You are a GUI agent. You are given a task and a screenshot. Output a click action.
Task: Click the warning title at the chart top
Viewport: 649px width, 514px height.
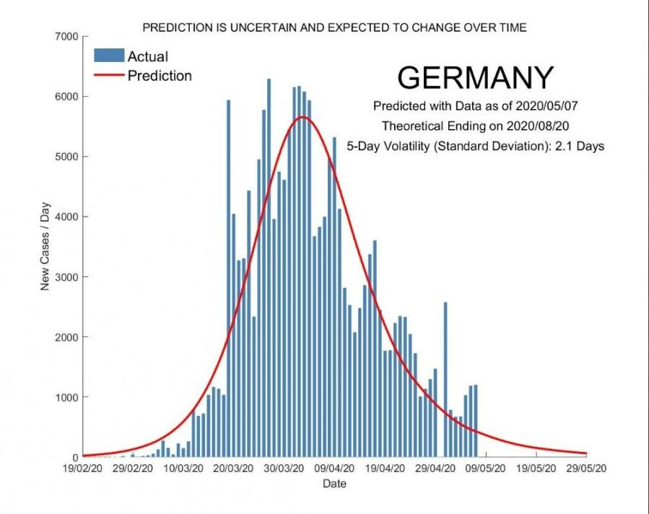334,27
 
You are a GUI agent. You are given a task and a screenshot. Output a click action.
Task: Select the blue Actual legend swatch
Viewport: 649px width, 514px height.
109,56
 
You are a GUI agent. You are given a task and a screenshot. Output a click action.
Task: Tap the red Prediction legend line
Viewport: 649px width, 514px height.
109,76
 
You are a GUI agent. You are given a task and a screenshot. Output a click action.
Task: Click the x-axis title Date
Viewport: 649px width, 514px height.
334,483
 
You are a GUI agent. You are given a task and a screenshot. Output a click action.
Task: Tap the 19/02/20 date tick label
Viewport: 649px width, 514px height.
83,468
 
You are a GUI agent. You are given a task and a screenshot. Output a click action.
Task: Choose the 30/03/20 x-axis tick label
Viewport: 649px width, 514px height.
284,468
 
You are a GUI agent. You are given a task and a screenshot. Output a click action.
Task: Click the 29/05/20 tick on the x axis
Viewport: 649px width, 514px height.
586,468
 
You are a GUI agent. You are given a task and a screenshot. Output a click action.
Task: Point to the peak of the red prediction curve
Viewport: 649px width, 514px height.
302,117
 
